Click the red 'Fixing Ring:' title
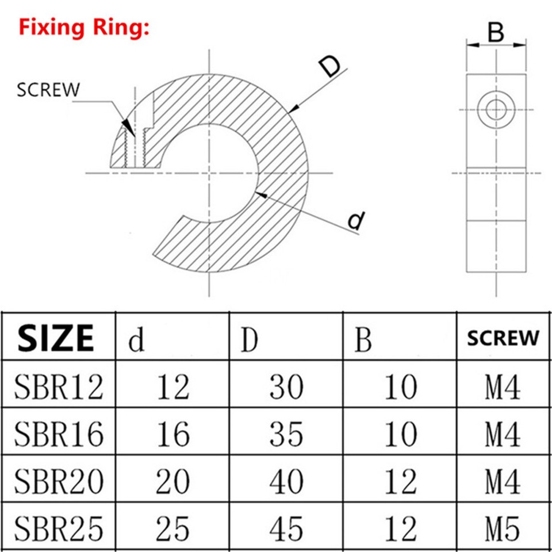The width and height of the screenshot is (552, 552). click(84, 28)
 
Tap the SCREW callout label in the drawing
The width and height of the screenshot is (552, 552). click(48, 90)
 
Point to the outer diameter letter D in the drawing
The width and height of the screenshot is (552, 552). click(330, 68)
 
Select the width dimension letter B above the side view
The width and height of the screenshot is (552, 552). click(496, 33)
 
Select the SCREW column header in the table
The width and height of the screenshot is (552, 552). click(503, 338)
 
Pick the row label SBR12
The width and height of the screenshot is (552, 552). click(59, 387)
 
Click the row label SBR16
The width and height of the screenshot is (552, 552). click(59, 434)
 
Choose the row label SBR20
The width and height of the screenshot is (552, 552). click(59, 482)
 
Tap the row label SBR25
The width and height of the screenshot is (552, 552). click(59, 528)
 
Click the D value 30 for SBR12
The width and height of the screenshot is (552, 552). click(286, 387)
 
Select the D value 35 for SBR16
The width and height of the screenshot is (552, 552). click(286, 434)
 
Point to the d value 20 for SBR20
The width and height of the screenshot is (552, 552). click(172, 482)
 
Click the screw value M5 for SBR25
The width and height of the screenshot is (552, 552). click(503, 528)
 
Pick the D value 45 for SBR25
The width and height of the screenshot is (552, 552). click(286, 528)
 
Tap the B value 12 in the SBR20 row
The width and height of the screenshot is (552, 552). click(400, 482)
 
